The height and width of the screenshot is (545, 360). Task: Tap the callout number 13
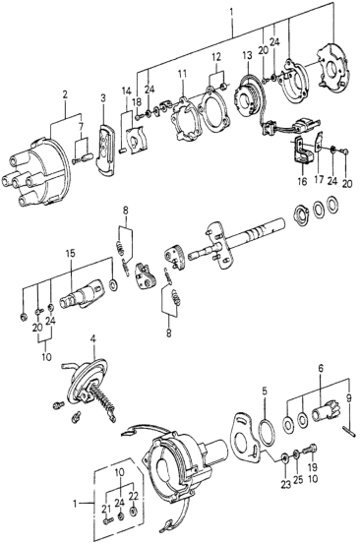pos(247,56)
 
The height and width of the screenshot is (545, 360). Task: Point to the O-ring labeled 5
pos(268,432)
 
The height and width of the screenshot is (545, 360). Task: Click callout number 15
pos(70,254)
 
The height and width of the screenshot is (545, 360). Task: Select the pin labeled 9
pos(348,430)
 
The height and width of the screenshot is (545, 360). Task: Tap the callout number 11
pos(182,74)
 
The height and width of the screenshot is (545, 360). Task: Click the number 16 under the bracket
pos(302,181)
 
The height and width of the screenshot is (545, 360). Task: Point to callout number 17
pos(319,181)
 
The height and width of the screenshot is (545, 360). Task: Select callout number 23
pos(285,485)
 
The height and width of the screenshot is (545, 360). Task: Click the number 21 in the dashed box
pos(106,510)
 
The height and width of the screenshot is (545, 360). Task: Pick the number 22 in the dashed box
pos(133,496)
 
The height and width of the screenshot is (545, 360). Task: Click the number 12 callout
pos(215,57)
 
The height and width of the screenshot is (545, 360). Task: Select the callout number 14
pos(127,91)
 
